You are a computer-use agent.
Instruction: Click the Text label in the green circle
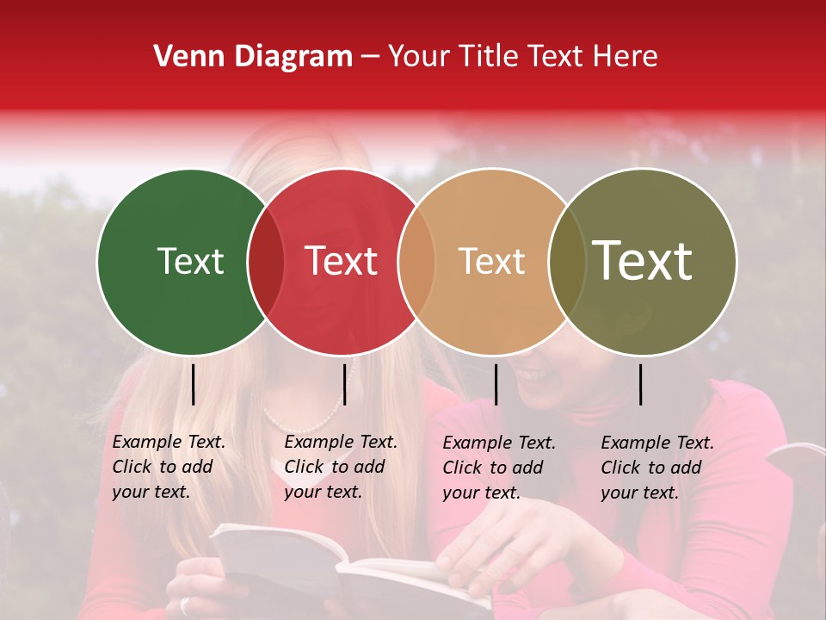point(190,261)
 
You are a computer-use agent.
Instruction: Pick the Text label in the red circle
point(341,261)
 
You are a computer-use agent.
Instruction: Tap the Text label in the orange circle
point(491,261)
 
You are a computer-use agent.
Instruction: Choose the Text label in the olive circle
point(643,261)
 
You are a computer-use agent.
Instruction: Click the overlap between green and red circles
point(266,261)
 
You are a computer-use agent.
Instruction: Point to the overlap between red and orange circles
point(416,261)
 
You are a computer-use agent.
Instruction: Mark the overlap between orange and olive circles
point(567,261)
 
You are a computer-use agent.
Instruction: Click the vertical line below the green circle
point(193,384)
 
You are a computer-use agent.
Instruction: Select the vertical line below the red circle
point(344,384)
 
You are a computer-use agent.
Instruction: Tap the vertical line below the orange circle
point(496,384)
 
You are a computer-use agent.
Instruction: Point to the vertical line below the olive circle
point(641,384)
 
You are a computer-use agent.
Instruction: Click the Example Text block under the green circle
point(168,467)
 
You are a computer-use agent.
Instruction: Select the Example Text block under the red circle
point(340,467)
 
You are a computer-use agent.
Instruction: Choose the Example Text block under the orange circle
point(498,468)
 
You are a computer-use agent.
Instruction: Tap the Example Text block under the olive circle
point(656,468)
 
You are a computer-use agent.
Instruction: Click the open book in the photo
point(344,564)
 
